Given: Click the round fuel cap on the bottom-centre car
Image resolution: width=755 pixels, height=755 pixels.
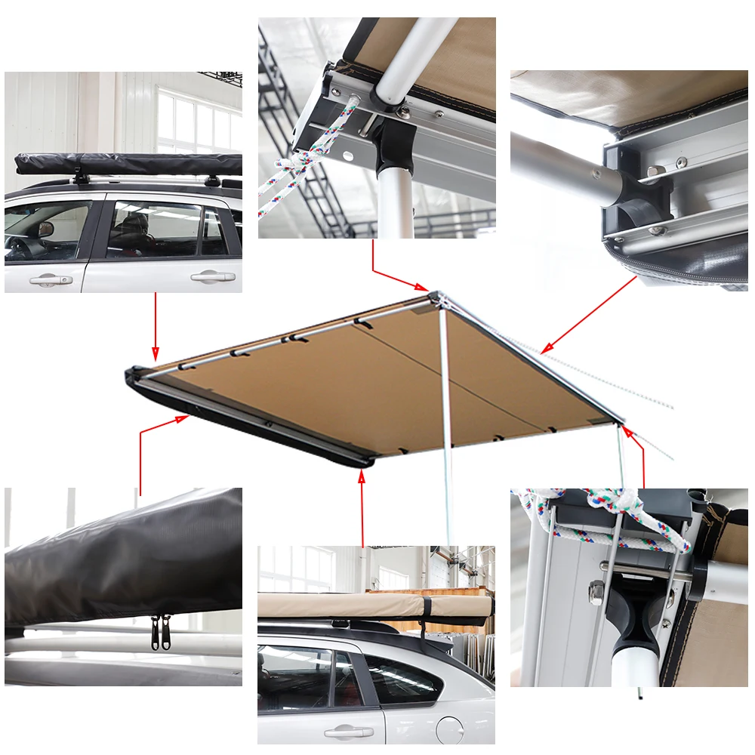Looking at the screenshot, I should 450,729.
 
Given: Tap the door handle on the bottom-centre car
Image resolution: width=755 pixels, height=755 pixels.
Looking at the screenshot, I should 348,732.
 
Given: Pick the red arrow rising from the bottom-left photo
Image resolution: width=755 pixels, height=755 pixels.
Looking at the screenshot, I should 151,438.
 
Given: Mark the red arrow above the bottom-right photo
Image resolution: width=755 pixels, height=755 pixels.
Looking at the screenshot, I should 639,453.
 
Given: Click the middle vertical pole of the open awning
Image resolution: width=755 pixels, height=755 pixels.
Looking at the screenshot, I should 446,423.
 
